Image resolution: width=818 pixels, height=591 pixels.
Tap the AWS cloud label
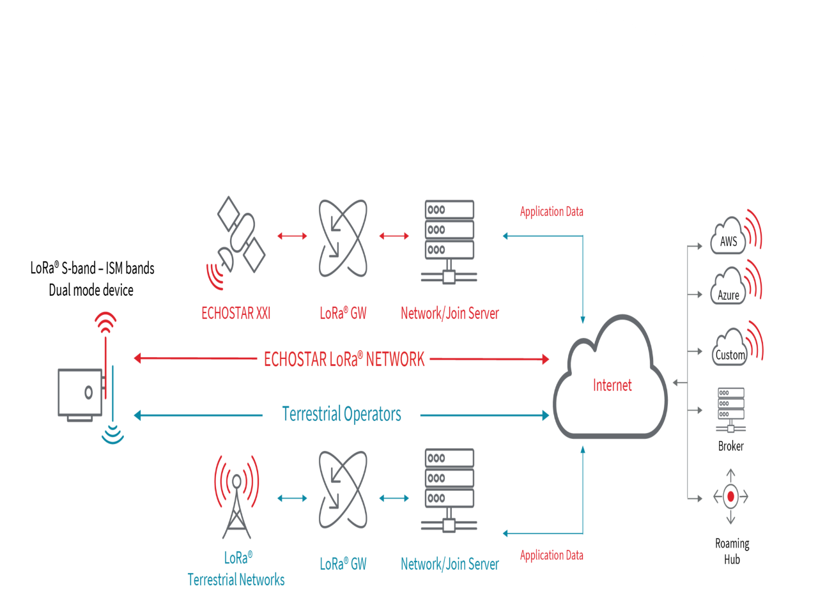point(729,242)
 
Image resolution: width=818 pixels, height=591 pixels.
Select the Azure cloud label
point(729,295)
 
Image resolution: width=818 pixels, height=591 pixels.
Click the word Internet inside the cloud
point(612,385)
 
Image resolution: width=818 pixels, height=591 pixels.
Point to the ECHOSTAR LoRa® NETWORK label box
point(343,359)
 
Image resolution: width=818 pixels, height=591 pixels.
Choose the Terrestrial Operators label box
point(341,414)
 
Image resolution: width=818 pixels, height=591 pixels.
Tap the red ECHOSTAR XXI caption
point(236,314)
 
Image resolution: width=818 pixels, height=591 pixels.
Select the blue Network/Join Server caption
point(449,564)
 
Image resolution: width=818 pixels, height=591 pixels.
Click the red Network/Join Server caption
point(449,314)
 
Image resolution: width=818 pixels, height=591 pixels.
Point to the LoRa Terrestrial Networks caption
point(236,569)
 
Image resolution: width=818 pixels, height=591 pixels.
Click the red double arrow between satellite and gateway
point(292,236)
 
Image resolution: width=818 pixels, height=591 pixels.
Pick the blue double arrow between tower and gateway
point(292,498)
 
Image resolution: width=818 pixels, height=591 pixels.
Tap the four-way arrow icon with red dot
point(730,496)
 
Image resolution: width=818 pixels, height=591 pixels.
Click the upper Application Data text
point(551,211)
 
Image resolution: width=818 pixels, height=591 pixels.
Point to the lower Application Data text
point(551,555)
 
